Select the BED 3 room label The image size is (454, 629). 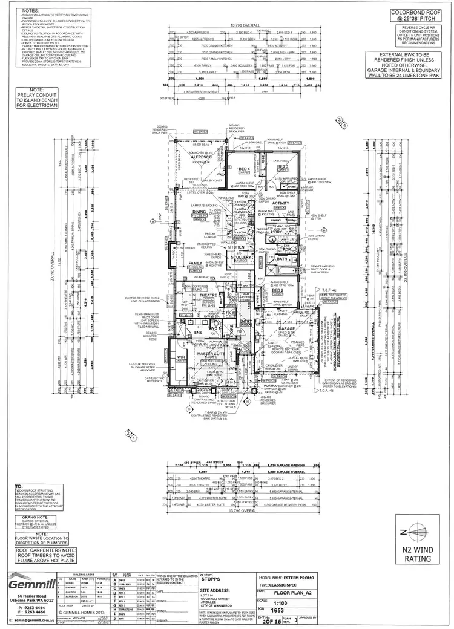coord(282,165)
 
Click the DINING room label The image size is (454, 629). coord(199,211)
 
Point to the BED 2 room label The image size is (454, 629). coord(278,290)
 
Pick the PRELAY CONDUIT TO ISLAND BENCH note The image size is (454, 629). coord(38,98)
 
